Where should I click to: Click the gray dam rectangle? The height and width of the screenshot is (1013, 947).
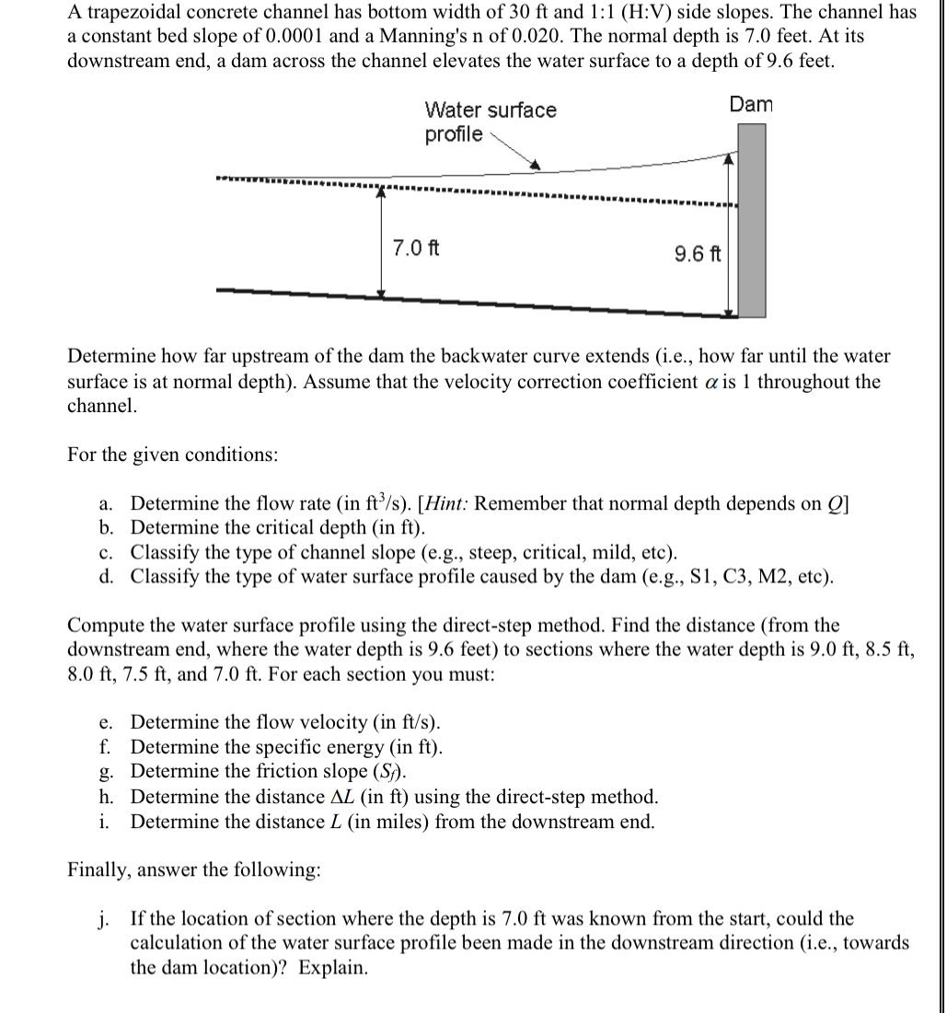pyautogui.click(x=753, y=221)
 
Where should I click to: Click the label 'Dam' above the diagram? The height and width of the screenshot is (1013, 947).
pyautogui.click(x=751, y=104)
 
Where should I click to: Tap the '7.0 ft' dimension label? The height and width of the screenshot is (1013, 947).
pyautogui.click(x=415, y=247)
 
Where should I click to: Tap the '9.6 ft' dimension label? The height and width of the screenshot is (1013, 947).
pyautogui.click(x=697, y=252)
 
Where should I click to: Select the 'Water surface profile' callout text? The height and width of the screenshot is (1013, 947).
pyautogui.click(x=489, y=121)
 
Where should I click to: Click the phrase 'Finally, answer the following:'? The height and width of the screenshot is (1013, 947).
pyautogui.click(x=194, y=870)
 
